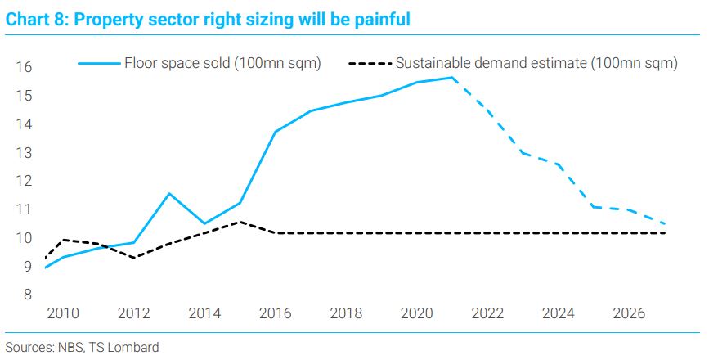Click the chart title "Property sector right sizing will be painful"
[242, 20]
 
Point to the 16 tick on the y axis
[25, 67]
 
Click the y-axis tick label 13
[25, 153]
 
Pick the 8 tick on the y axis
[28, 295]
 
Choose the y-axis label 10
[25, 238]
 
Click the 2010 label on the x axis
[63, 313]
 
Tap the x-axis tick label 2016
[276, 313]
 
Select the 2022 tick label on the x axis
[487, 313]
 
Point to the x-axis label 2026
[629, 313]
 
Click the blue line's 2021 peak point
[452, 78]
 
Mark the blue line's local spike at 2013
[169, 194]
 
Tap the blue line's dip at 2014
[204, 223]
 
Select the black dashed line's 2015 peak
[240, 222]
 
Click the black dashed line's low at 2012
[134, 258]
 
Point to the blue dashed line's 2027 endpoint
[664, 223]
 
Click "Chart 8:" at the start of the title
[37, 20]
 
